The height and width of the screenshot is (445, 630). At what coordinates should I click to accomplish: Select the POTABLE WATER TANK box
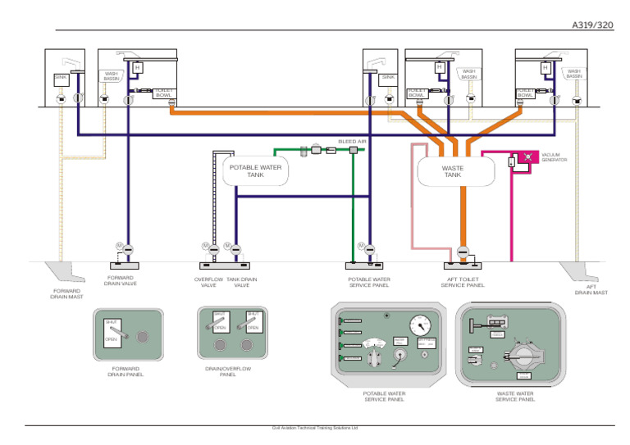255,170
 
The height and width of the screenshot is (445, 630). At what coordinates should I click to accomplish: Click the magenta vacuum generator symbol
526,156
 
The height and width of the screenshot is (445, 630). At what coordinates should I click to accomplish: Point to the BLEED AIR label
352,141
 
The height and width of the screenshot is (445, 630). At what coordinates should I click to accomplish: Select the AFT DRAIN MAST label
591,289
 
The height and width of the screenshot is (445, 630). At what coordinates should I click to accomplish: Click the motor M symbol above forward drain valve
119,246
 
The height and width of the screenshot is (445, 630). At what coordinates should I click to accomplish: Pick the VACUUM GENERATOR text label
554,157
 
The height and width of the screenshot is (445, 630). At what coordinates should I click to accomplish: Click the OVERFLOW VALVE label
208,282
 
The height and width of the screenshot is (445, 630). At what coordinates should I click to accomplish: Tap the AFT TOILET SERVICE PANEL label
463,282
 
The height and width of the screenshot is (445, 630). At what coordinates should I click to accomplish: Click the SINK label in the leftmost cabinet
60,77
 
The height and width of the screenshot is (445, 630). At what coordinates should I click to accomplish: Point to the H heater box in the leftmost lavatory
137,66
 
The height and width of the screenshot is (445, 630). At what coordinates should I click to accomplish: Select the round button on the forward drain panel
142,336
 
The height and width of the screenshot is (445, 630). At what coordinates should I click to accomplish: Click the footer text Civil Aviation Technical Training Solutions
315,428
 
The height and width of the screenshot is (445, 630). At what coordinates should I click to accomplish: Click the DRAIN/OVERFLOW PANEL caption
228,372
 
